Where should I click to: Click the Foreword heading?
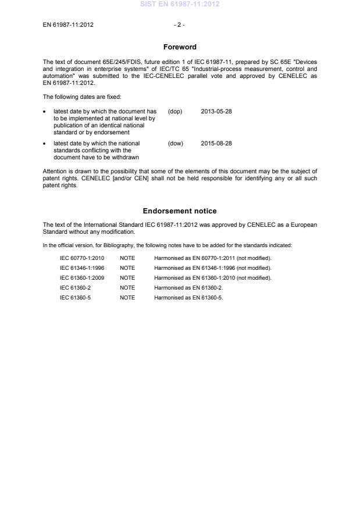[x=180, y=47]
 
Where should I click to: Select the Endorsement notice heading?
[x=180, y=211]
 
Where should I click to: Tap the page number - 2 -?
[x=180, y=24]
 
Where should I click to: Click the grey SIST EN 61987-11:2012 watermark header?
[x=180, y=4]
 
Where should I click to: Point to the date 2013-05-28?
[x=216, y=110]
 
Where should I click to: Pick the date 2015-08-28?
[x=216, y=143]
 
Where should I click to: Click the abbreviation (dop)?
[x=174, y=110]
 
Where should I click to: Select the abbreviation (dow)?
[x=175, y=143]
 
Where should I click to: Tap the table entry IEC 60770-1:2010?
[x=82, y=258]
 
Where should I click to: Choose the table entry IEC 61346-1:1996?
[x=82, y=268]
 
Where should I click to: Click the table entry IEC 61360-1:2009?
[x=82, y=277]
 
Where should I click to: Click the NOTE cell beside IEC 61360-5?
[x=127, y=297]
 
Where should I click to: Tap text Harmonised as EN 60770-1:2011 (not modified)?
[x=212, y=258]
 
